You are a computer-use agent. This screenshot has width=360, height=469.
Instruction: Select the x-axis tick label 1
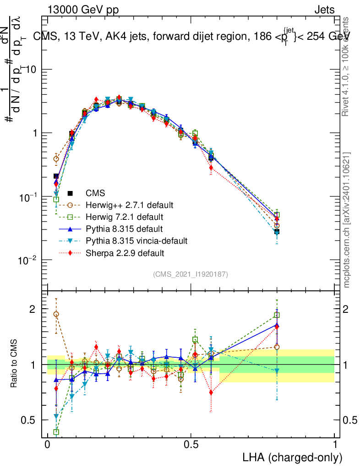click(335, 444)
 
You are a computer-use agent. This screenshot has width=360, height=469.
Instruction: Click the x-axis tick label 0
click(48, 444)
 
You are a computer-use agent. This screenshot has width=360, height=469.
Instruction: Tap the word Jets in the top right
click(324, 10)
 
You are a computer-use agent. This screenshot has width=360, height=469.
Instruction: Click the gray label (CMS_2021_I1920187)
click(191, 274)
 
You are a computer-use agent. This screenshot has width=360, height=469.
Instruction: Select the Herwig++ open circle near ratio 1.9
click(56, 314)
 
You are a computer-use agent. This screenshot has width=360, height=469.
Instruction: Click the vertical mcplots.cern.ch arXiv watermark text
click(347, 220)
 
